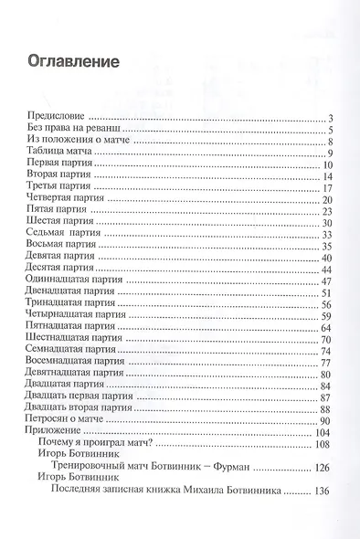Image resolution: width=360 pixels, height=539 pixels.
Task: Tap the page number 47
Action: pyautogui.click(x=324, y=280)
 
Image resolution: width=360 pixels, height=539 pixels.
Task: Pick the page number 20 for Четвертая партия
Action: pyautogui.click(x=324, y=198)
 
